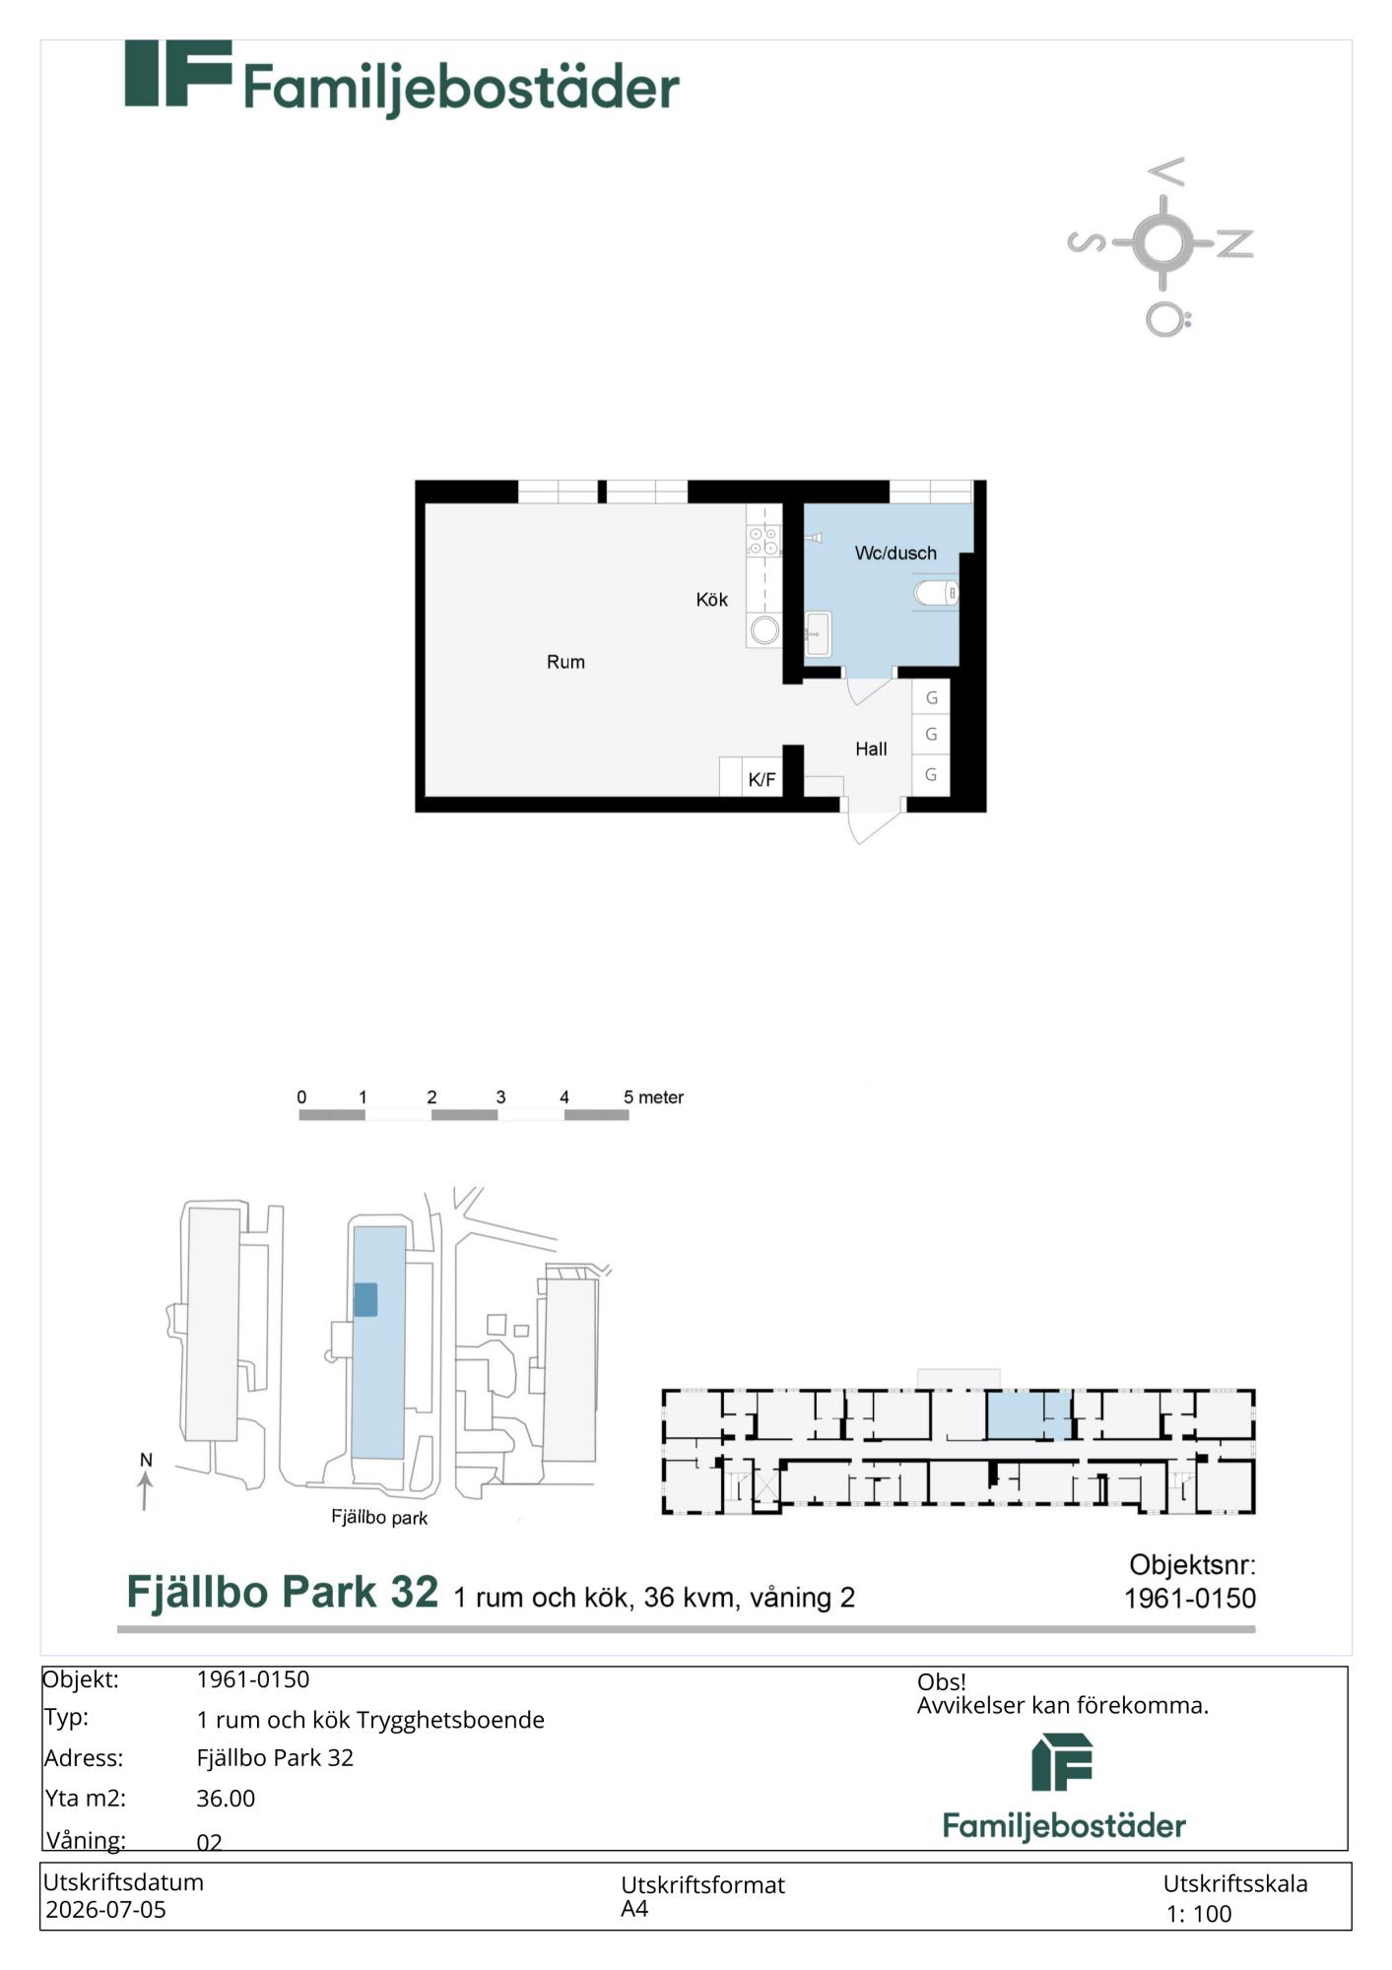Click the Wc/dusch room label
(895, 554)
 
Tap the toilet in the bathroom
(936, 593)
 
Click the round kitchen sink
(764, 629)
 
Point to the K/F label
(762, 780)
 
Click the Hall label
(871, 750)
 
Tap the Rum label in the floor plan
(565, 662)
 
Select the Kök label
(711, 599)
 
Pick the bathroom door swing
(869, 689)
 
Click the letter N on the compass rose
(1235, 243)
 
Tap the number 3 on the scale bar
(500, 1097)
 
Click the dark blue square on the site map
(365, 1299)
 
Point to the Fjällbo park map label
(379, 1518)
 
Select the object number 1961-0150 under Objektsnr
(1190, 1598)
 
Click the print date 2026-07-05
(105, 1910)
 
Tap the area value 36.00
(226, 1799)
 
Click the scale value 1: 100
(1199, 1914)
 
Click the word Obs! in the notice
(942, 1682)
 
